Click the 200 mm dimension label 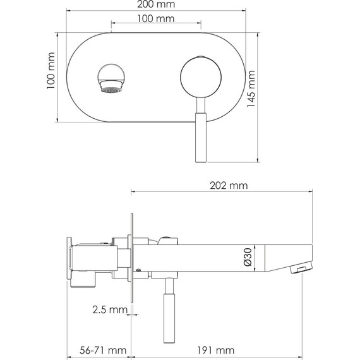[157, 6]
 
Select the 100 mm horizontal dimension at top [156, 20]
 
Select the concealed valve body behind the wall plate [95, 259]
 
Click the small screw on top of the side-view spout [168, 238]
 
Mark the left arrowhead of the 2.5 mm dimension [129, 311]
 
